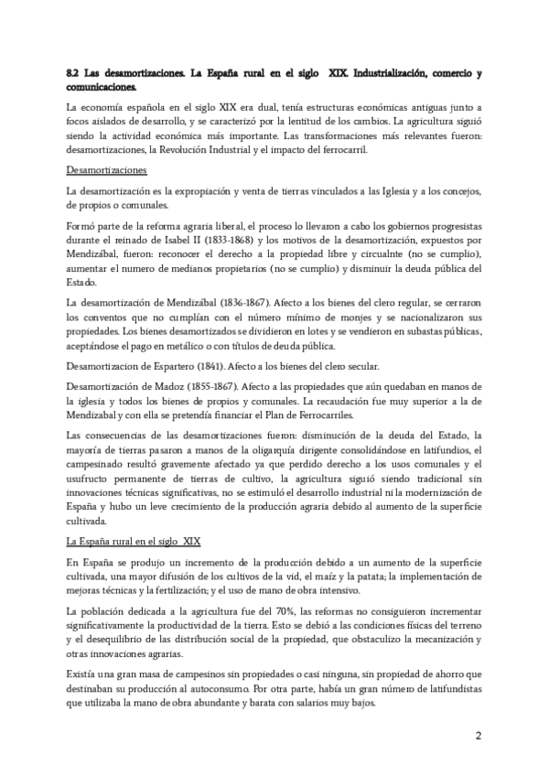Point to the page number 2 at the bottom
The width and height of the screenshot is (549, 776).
click(x=477, y=737)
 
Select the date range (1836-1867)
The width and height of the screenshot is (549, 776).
click(x=238, y=300)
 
